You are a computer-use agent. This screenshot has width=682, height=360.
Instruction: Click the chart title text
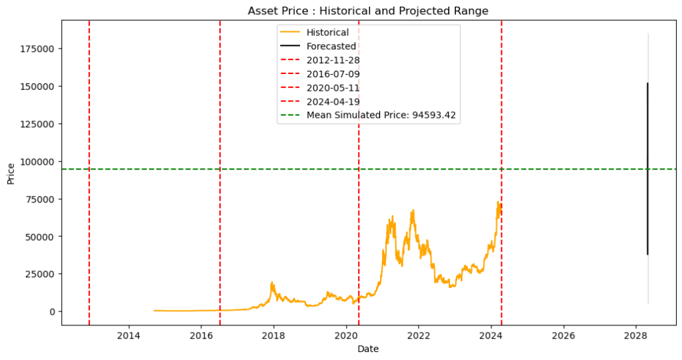click(367, 11)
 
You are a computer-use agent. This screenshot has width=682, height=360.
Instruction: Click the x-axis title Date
click(367, 349)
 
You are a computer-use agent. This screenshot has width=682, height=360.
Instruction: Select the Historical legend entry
click(327, 32)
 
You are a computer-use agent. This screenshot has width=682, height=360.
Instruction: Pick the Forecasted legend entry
click(331, 46)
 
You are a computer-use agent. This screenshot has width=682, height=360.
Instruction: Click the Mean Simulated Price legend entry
click(381, 115)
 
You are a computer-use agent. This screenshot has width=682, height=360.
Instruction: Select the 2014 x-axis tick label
click(129, 335)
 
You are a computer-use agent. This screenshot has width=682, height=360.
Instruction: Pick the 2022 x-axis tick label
click(418, 335)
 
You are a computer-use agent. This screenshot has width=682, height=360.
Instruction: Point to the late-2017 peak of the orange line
click(272, 283)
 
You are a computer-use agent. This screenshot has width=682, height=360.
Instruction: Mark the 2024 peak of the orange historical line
click(497, 202)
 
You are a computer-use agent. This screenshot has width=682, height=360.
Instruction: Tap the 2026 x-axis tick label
click(563, 335)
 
